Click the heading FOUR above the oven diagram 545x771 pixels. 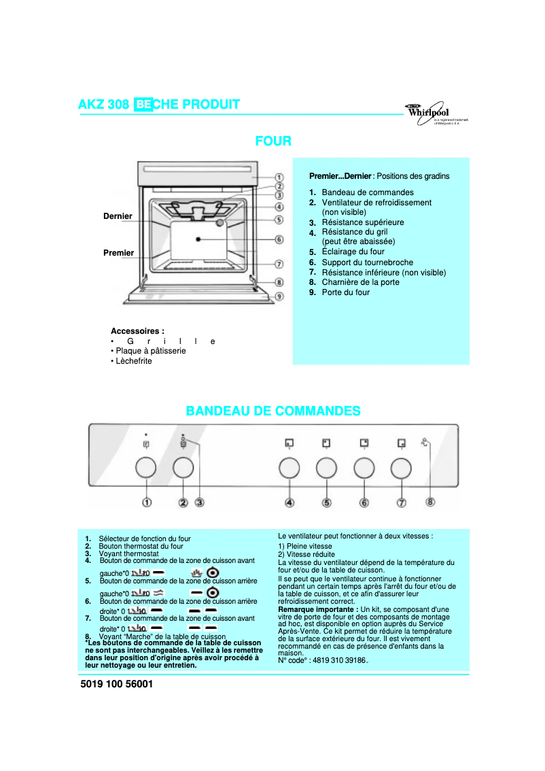(x=273, y=141)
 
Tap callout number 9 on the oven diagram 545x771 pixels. (x=279, y=296)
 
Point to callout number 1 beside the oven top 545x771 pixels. (x=279, y=177)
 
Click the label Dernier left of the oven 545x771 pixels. (x=118, y=216)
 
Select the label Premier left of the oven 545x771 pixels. (x=118, y=253)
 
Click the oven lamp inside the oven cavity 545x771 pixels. (x=220, y=223)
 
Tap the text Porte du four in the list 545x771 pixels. (x=345, y=292)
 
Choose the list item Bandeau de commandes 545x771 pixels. (x=367, y=192)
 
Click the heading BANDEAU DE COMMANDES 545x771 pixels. (x=273, y=411)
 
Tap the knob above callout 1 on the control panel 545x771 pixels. (x=145, y=468)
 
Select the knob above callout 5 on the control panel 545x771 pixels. (x=326, y=468)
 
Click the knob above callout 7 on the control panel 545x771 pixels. (x=401, y=468)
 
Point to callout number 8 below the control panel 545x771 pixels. (x=430, y=502)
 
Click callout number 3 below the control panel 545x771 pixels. (x=200, y=502)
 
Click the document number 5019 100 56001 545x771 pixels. (x=117, y=685)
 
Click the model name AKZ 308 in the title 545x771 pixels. (x=104, y=104)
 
